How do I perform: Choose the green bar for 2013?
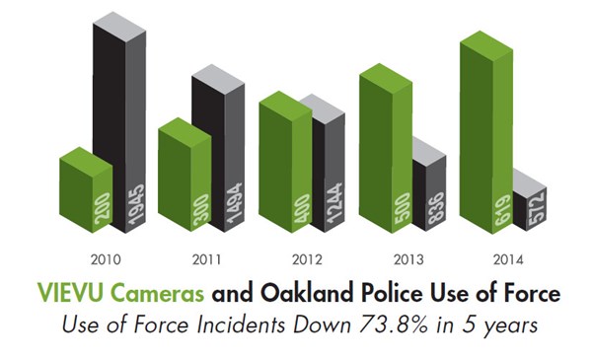click(x=383, y=148)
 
